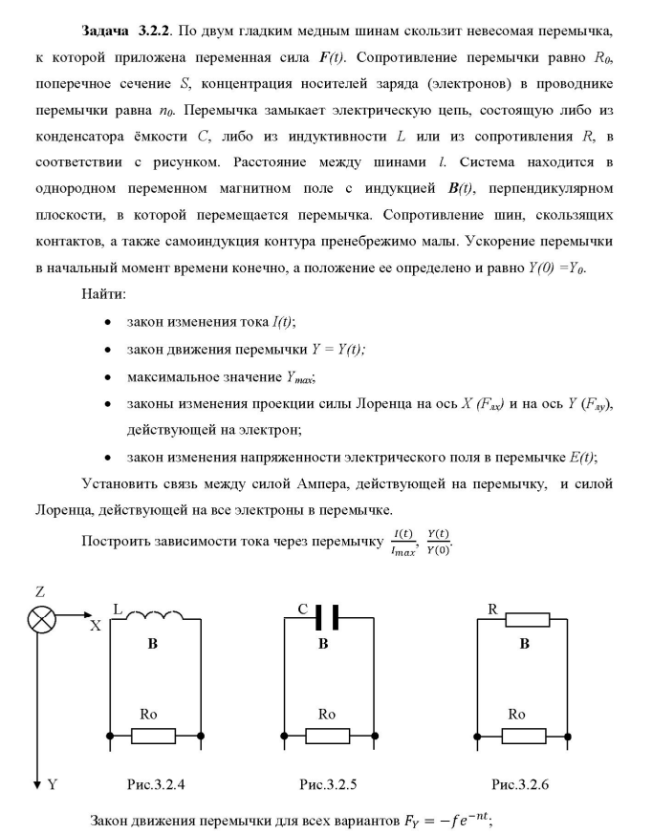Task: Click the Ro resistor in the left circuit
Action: point(153,736)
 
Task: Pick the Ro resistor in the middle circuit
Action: point(328,736)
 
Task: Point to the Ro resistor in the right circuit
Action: point(524,736)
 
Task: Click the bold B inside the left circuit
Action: point(152,646)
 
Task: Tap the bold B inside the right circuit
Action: point(524,646)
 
